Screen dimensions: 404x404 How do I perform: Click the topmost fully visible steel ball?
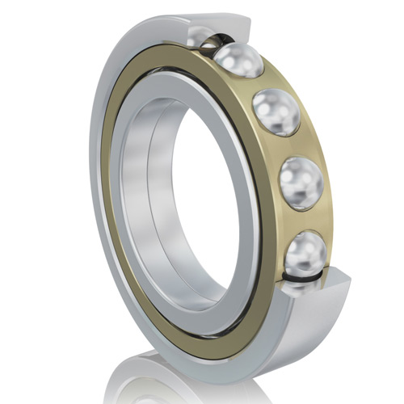click(238, 59)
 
